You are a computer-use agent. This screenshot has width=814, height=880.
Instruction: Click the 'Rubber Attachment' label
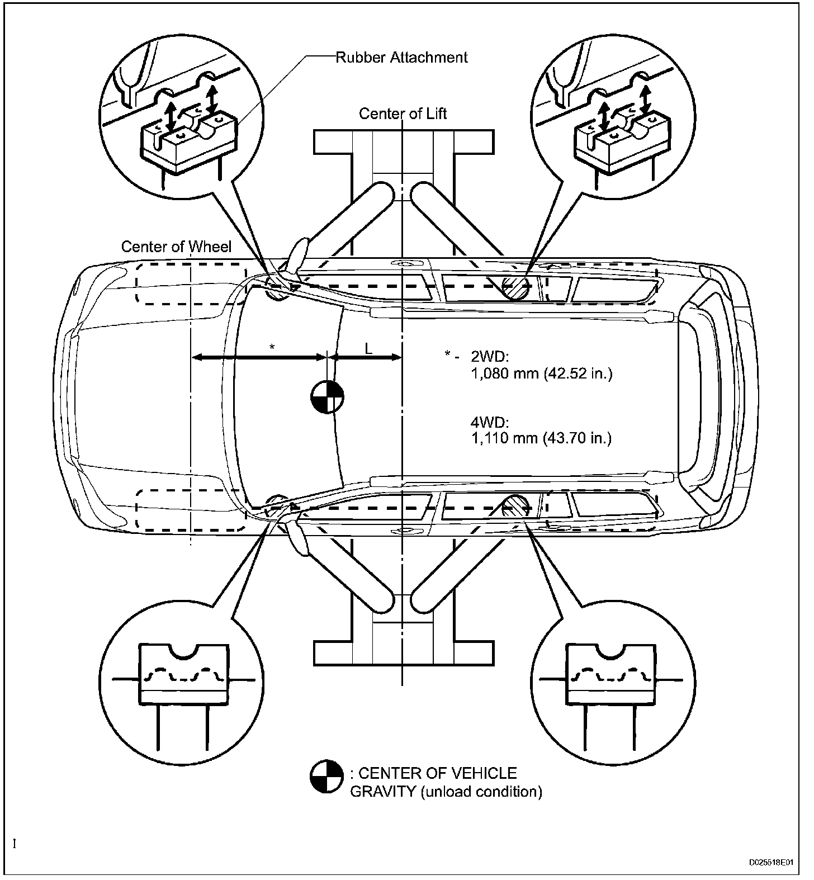pyautogui.click(x=401, y=57)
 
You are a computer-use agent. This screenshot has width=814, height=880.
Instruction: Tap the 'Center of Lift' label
pyautogui.click(x=403, y=114)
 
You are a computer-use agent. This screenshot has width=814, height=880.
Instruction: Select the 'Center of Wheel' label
pyautogui.click(x=176, y=247)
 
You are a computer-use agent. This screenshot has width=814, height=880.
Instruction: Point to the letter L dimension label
pyautogui.click(x=368, y=348)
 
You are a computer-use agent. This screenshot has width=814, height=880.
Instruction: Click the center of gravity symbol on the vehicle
pyautogui.click(x=327, y=397)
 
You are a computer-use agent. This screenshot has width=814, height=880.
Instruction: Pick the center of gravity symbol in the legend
pyautogui.click(x=326, y=777)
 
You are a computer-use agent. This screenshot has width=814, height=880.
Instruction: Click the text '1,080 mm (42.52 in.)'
pyautogui.click(x=542, y=373)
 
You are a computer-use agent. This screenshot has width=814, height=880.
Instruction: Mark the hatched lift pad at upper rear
pyautogui.click(x=516, y=288)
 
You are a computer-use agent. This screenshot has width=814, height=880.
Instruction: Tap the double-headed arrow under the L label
pyautogui.click(x=365, y=357)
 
